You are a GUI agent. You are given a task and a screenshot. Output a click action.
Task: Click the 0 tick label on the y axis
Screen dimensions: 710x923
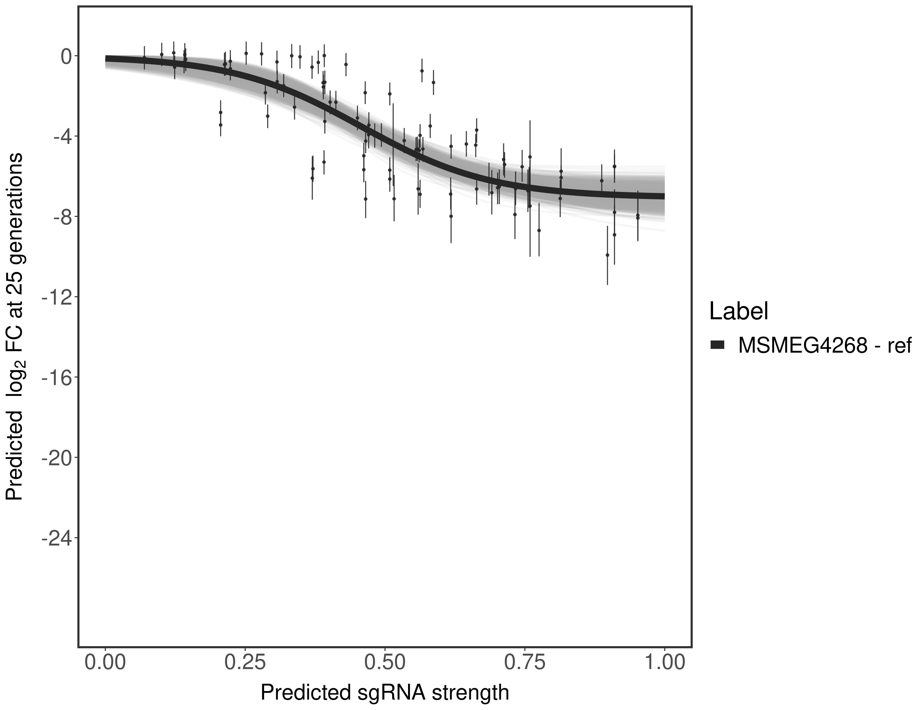click(66, 57)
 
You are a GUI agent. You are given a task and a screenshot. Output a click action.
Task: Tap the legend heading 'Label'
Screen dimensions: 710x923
click(739, 311)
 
